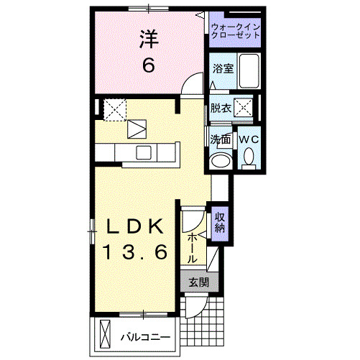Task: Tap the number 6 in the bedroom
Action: tap(148, 65)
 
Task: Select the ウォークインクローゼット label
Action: tap(236, 32)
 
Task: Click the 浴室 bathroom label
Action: tap(222, 69)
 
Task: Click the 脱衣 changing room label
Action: tap(221, 109)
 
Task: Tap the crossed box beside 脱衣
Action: tap(245, 109)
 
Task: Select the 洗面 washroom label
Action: tap(220, 139)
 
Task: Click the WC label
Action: tap(249, 138)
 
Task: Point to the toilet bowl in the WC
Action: tap(249, 156)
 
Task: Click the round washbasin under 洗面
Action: tap(221, 159)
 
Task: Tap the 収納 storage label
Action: tap(220, 222)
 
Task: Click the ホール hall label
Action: tap(193, 247)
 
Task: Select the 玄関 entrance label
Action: tap(198, 282)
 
